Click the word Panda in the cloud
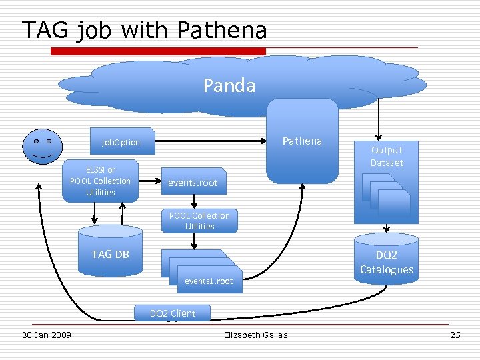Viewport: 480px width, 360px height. click(229, 85)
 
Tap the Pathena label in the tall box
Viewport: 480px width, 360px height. click(302, 141)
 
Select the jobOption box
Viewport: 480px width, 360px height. click(121, 142)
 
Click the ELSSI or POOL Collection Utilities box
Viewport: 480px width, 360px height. click(101, 181)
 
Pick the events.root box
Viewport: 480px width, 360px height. click(193, 181)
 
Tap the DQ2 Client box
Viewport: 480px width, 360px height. click(172, 313)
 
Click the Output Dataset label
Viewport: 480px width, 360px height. click(387, 156)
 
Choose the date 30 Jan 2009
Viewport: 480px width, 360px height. click(47, 335)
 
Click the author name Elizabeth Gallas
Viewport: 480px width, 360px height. click(256, 335)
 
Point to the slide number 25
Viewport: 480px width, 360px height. click(455, 335)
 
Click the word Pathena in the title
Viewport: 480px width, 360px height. click(222, 30)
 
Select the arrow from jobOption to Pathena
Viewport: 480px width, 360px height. click(213, 141)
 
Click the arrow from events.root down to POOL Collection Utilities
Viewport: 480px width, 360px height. click(193, 201)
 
